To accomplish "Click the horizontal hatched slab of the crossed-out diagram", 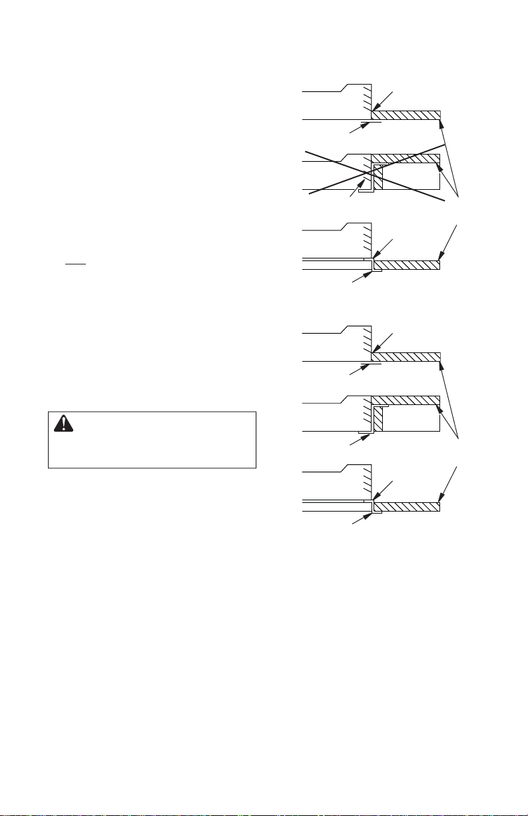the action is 405,159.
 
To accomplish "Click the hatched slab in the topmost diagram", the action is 406,115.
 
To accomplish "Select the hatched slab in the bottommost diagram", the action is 407,507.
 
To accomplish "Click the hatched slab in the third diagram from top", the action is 407,265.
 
